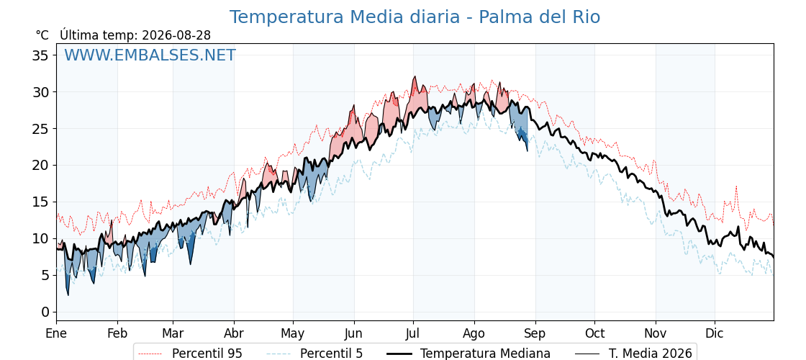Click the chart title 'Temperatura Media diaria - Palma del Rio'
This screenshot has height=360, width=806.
[x=415, y=17]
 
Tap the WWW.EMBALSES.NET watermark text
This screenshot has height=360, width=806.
[x=150, y=55]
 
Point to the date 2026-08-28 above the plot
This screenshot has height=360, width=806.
[x=176, y=35]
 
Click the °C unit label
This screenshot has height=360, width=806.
[x=42, y=35]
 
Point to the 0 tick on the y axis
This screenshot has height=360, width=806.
[x=46, y=312]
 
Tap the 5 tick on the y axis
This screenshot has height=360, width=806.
[x=46, y=275]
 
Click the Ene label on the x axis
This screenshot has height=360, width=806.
[x=56, y=333]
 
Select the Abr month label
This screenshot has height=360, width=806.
[x=234, y=333]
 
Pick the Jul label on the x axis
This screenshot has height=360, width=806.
[x=413, y=333]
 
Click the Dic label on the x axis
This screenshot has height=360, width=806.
[x=715, y=333]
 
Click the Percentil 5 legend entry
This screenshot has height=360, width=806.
[x=314, y=354]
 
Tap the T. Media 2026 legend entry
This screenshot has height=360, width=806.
[x=633, y=354]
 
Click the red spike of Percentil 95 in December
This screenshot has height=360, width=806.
[x=736, y=186]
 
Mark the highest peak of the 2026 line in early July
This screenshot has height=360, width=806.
[x=415, y=76]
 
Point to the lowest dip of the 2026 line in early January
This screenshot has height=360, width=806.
[x=68, y=294]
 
